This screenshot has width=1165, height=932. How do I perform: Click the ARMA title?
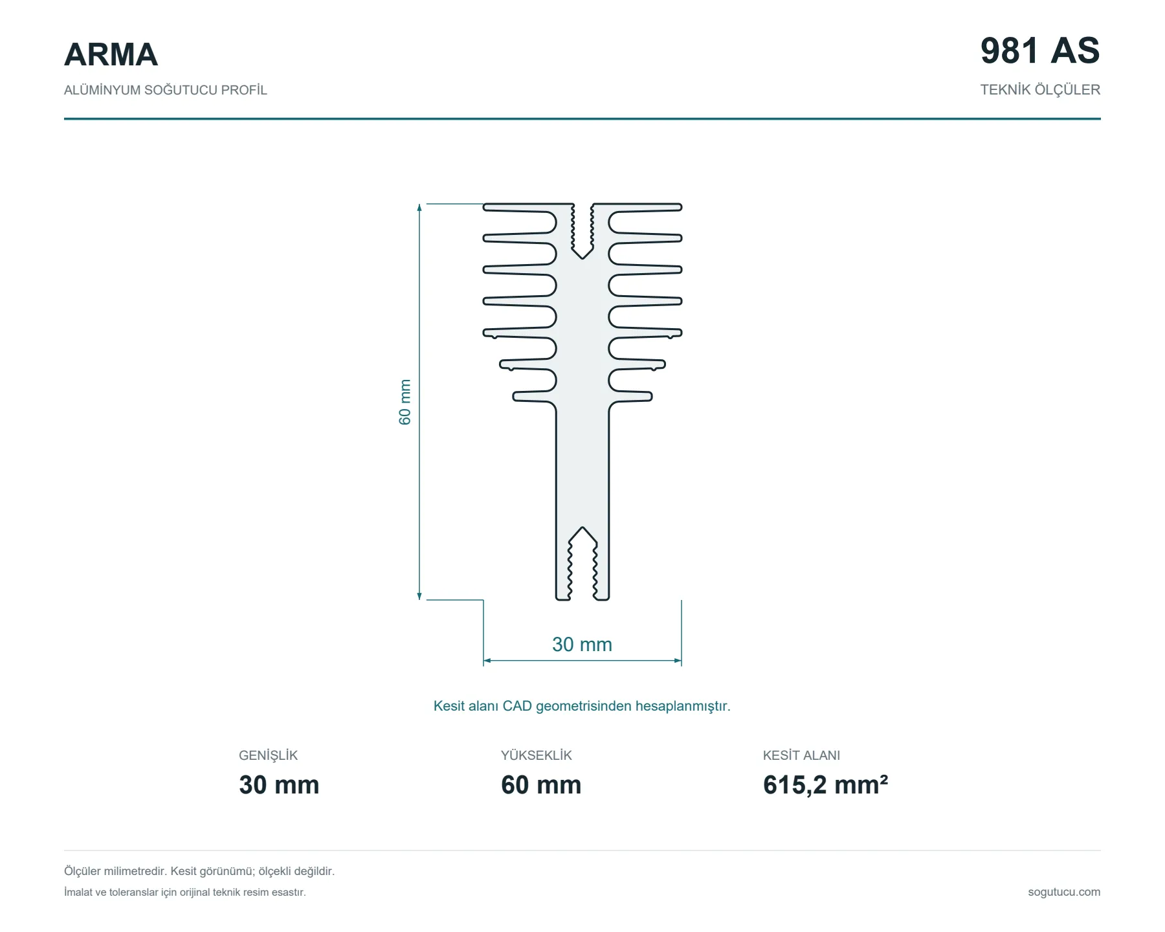pos(111,54)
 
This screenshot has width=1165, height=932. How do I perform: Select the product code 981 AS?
pos(1040,50)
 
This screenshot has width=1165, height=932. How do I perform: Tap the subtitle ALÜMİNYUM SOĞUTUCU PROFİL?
pos(166,90)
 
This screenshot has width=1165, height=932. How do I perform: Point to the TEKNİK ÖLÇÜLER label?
pos(1040,90)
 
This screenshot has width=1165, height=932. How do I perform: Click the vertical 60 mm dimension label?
pos(405,402)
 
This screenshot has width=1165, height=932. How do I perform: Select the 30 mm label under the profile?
pos(582,645)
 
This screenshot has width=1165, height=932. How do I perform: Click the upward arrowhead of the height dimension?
pos(419,208)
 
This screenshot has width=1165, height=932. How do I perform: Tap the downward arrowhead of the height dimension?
pos(419,595)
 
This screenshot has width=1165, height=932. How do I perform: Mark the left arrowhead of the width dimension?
pos(488,661)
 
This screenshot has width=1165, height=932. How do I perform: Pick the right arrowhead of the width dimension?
pos(677,661)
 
